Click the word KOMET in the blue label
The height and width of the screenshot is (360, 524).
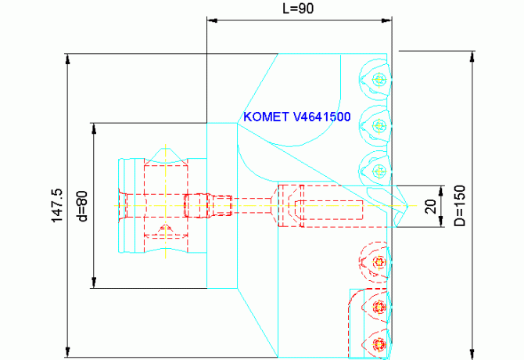click(266, 117)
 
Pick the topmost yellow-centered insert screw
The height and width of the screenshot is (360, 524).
click(379, 78)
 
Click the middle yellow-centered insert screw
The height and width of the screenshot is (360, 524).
click(379, 125)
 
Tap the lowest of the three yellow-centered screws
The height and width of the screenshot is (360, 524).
click(379, 171)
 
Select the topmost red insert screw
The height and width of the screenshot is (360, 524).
click(379, 261)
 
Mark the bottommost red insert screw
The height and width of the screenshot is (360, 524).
click(379, 343)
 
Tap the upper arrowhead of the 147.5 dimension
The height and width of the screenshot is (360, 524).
click(69, 58)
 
